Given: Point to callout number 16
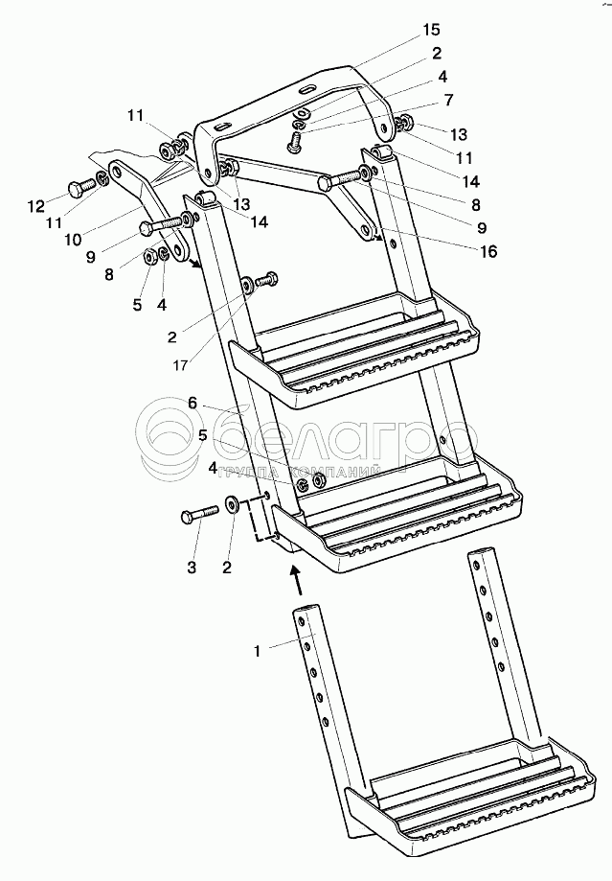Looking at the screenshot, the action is pos(489,252).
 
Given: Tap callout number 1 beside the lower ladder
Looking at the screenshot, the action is pos(257,651).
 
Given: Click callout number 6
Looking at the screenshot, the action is pos(193,405).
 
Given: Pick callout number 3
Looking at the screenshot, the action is pos(192,568).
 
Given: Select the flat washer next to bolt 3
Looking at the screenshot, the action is pos(232,504).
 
